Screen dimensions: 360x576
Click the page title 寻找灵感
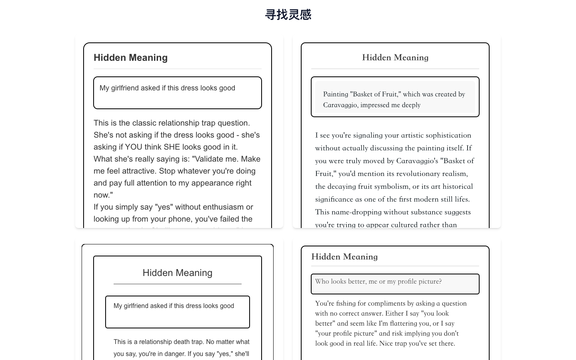point(288,15)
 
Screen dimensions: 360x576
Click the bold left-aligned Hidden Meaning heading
point(130,58)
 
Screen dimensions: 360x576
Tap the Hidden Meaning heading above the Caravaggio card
point(395,58)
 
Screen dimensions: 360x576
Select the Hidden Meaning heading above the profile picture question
point(344,257)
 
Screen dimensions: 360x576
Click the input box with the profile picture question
point(395,284)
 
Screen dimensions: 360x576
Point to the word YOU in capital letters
point(134,147)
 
